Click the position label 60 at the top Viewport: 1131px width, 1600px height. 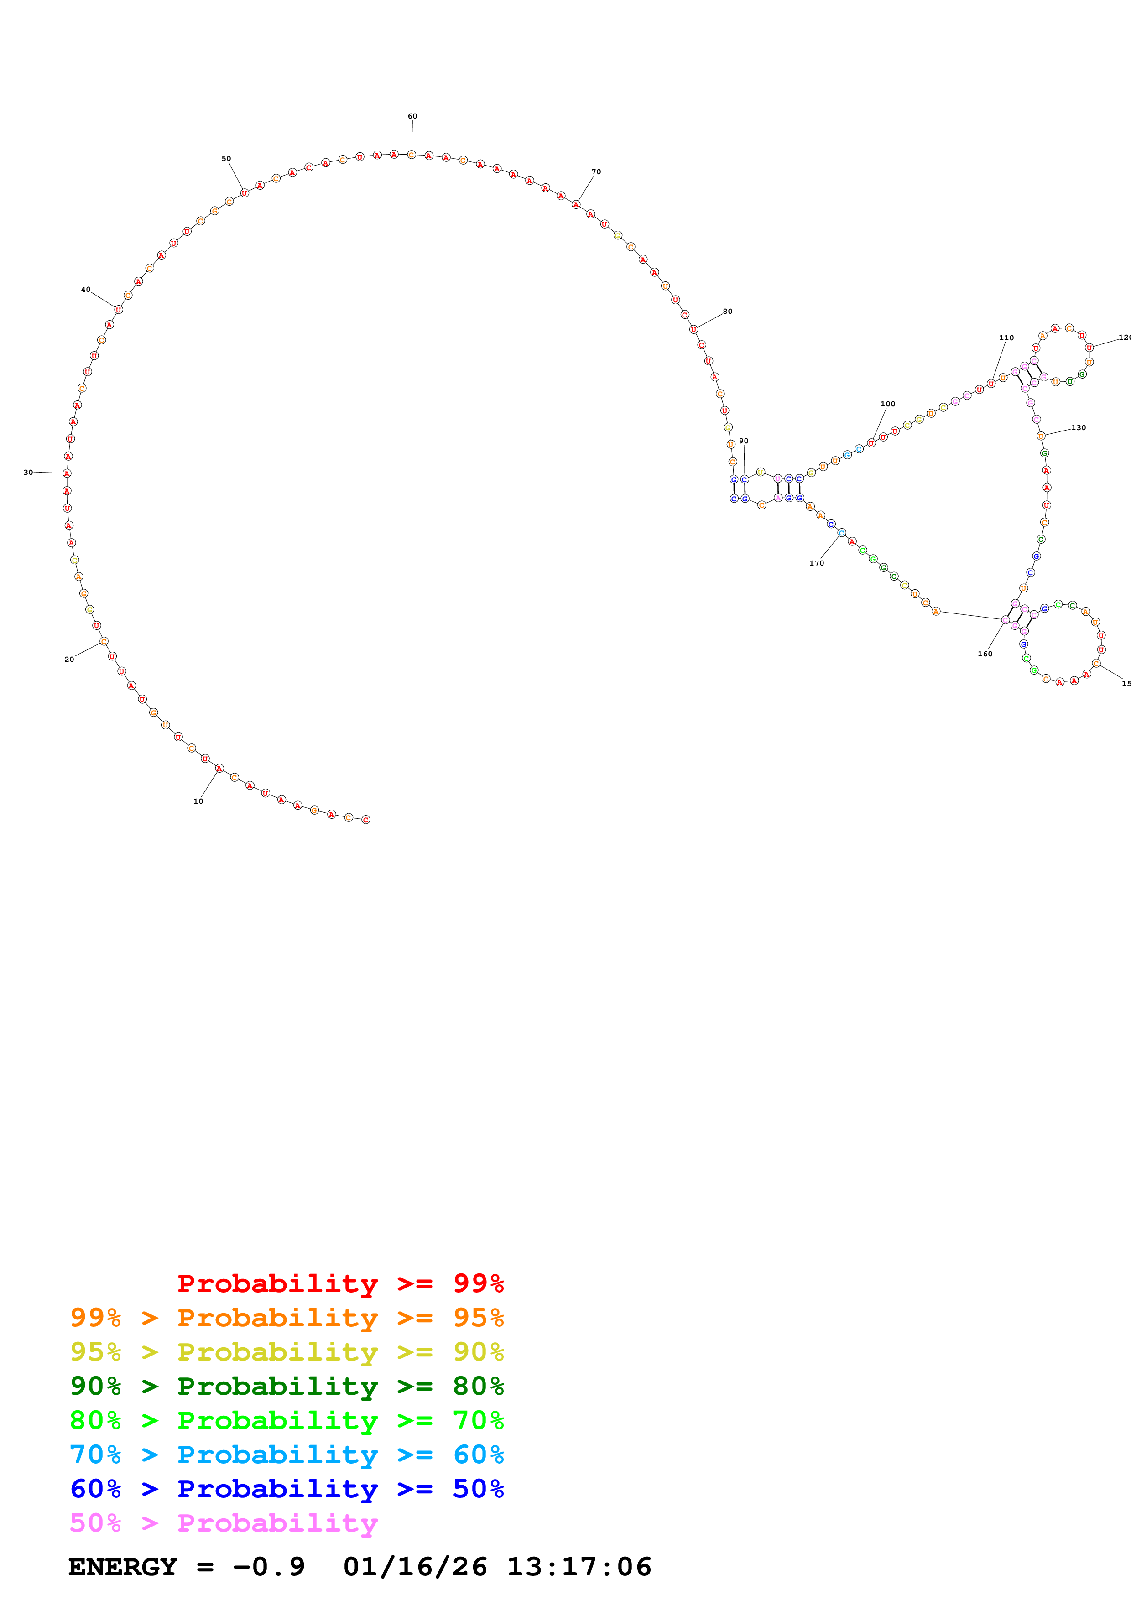click(x=412, y=116)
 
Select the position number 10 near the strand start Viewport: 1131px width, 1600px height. click(x=198, y=801)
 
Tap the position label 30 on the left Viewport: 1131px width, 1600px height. click(x=28, y=473)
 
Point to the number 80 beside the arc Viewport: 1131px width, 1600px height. click(x=728, y=312)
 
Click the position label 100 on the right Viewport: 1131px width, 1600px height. click(x=888, y=404)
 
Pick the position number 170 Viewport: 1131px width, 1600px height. click(x=817, y=563)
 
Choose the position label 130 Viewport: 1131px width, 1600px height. click(x=1079, y=428)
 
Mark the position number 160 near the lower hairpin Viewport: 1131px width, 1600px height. click(x=985, y=654)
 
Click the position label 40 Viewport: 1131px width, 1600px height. click(x=86, y=289)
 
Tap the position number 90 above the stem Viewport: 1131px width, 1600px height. click(x=744, y=441)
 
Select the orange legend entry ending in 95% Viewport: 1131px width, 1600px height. click(x=287, y=1318)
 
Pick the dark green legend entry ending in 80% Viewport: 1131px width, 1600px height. click(x=287, y=1386)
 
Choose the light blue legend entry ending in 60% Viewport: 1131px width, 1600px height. click(x=287, y=1455)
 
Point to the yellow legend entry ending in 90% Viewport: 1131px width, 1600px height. click(x=287, y=1352)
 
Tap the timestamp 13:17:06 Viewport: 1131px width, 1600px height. click(x=579, y=1567)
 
